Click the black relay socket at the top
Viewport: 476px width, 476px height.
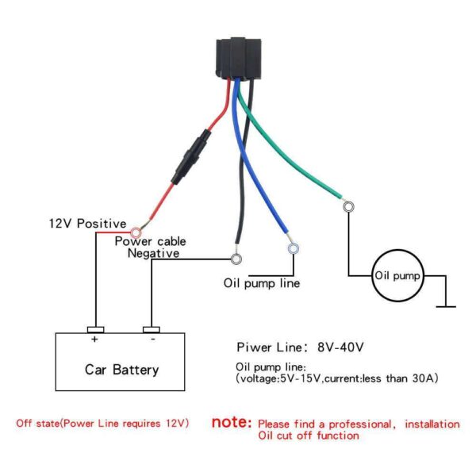click(238, 59)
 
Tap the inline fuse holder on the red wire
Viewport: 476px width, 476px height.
click(191, 157)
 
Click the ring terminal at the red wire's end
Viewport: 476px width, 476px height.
click(136, 232)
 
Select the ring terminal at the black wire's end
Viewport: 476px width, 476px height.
click(236, 259)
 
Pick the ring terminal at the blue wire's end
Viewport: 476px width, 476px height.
click(294, 249)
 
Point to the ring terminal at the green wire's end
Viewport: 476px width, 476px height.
click(348, 207)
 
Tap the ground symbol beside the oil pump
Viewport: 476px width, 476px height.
click(446, 306)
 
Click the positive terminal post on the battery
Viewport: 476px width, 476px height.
click(96, 330)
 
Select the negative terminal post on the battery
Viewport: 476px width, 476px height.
click(152, 330)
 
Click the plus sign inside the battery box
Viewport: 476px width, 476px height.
click(94, 339)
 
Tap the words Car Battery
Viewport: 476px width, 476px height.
click(121, 370)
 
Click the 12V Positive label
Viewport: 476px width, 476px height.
click(88, 224)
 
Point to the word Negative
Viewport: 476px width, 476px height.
click(153, 253)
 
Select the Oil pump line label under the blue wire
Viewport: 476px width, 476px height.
click(262, 283)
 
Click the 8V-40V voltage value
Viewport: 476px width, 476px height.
click(340, 347)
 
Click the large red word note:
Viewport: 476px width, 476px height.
click(232, 422)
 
